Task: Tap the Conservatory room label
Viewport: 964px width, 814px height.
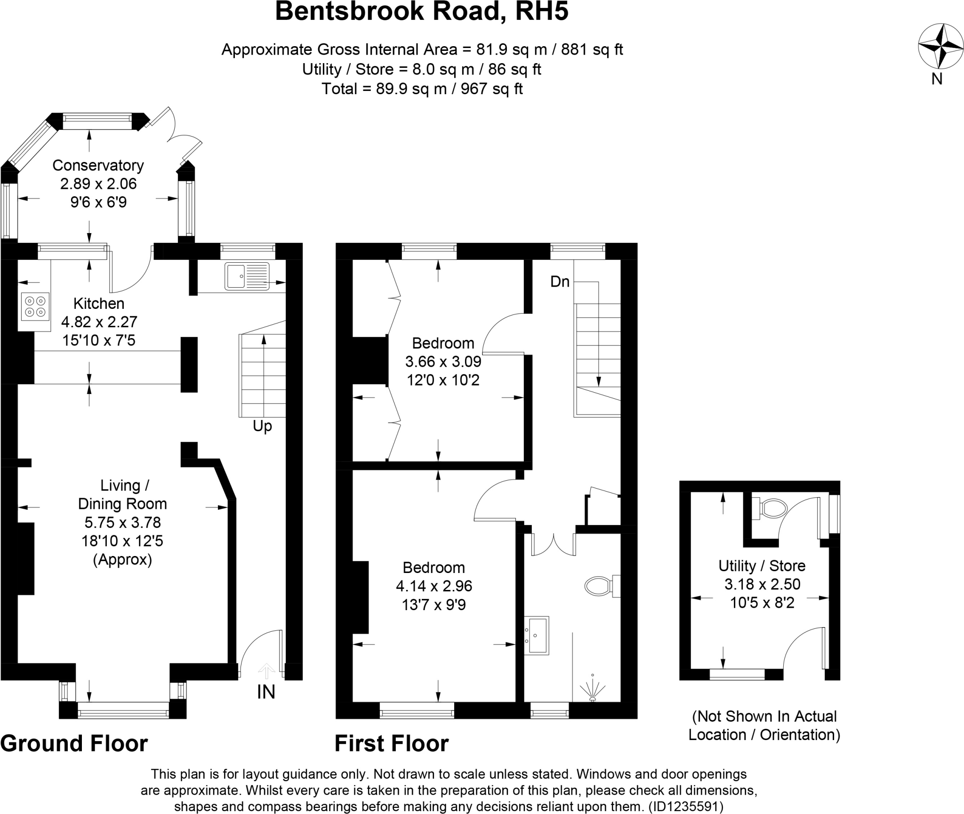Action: [98, 165]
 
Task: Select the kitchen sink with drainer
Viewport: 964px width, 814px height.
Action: [247, 276]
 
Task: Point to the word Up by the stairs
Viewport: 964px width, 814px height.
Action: [262, 426]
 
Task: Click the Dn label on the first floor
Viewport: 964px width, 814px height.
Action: [560, 282]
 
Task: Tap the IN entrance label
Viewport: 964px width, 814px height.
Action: [266, 692]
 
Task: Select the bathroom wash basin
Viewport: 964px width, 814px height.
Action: [537, 636]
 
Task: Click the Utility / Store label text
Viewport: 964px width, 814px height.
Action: [762, 565]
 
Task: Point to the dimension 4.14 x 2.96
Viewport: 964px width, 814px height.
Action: [434, 586]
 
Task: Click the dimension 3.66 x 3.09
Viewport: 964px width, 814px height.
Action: [443, 362]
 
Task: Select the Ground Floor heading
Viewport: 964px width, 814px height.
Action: [74, 744]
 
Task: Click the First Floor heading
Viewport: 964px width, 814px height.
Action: [391, 744]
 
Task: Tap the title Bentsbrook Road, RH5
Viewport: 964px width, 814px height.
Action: [421, 12]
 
